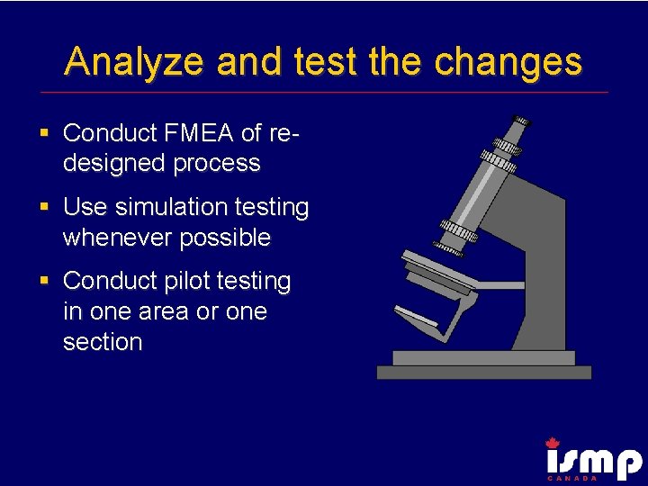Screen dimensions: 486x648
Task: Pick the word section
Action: click(103, 342)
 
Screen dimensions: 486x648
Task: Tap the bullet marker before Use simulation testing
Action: click(44, 208)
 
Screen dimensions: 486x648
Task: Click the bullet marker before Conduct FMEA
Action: click(44, 134)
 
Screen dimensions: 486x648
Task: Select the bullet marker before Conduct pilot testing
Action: click(44, 282)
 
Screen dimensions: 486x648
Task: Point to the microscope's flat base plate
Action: click(483, 372)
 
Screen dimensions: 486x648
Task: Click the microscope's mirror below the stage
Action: click(416, 316)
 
